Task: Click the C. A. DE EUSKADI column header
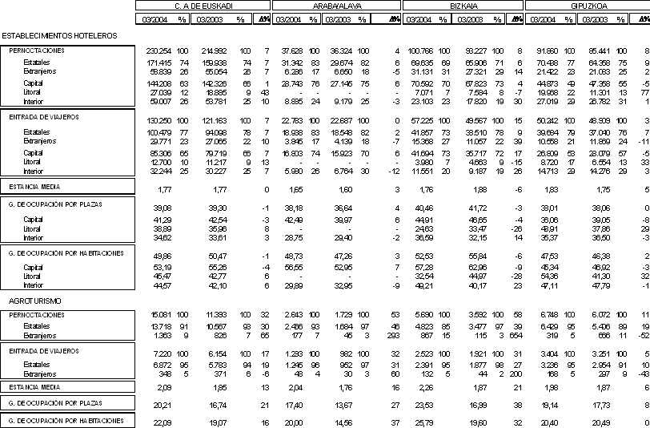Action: (203, 6)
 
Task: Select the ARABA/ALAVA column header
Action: (336, 6)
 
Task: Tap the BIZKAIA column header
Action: (463, 6)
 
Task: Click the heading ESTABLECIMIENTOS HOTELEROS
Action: (60, 36)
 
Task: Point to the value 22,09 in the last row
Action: (163, 422)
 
